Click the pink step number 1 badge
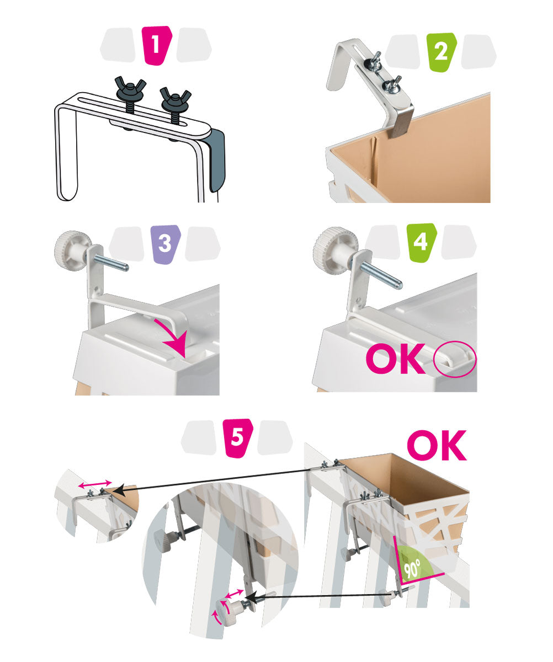click(x=156, y=46)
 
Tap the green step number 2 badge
click(x=442, y=52)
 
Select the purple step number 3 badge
click(x=166, y=244)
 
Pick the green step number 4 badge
click(x=421, y=243)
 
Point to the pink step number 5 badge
click(x=238, y=438)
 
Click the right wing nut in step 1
click(x=176, y=98)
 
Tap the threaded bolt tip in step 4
click(x=399, y=285)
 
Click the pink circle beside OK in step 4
click(x=455, y=359)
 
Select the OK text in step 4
click(x=396, y=359)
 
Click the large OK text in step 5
click(x=437, y=445)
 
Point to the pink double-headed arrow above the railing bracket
click(x=95, y=484)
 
